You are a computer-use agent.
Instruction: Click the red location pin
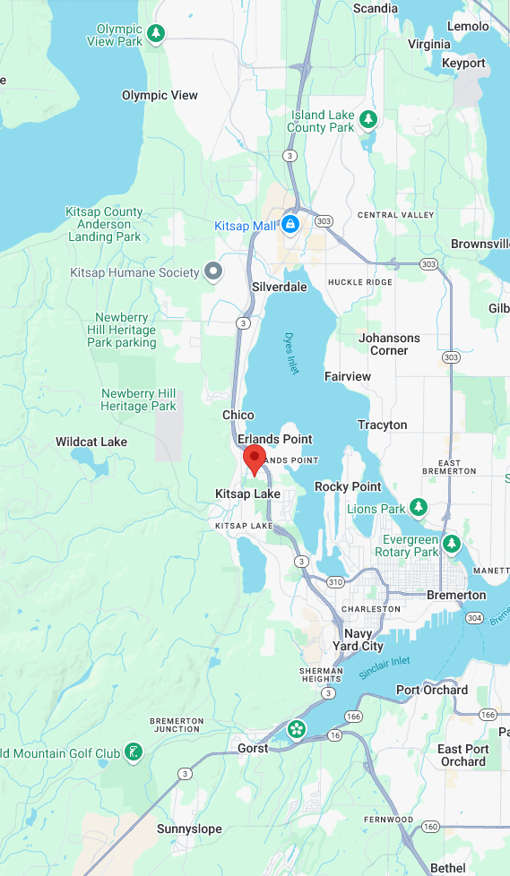pyautogui.click(x=255, y=459)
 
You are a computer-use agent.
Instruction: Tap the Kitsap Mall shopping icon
pyautogui.click(x=290, y=225)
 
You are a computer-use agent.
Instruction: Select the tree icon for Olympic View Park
pyautogui.click(x=157, y=34)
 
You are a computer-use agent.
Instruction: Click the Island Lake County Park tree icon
pyautogui.click(x=367, y=119)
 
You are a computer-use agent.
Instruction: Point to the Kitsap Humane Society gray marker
pyautogui.click(x=213, y=271)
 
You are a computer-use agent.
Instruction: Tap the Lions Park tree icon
pyautogui.click(x=418, y=508)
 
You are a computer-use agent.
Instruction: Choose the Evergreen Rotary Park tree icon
pyautogui.click(x=451, y=544)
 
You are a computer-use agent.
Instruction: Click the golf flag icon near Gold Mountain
pyautogui.click(x=134, y=752)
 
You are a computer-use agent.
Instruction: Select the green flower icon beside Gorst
pyautogui.click(x=296, y=731)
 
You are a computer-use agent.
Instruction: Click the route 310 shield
pyautogui.click(x=335, y=582)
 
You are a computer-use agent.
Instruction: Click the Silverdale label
pyautogui.click(x=280, y=287)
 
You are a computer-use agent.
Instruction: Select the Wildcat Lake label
pyautogui.click(x=91, y=442)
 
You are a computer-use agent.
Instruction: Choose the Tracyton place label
pyautogui.click(x=383, y=425)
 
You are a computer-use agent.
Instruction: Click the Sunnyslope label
pyautogui.click(x=189, y=829)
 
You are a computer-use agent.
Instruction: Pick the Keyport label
pyautogui.click(x=463, y=63)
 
